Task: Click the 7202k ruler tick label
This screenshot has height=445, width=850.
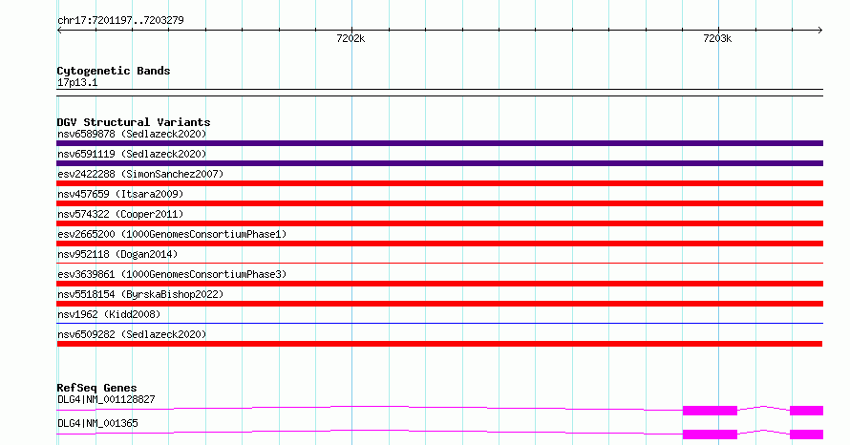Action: pos(351,38)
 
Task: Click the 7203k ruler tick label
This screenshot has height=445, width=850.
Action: pos(717,38)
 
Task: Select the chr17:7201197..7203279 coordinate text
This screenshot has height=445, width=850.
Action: pos(121,21)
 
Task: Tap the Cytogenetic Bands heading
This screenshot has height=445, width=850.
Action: pos(114,71)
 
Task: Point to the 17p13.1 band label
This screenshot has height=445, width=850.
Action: pos(77,82)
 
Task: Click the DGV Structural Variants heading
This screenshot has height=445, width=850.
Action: pos(134,122)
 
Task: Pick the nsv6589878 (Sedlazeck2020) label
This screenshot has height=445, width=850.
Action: pos(132,134)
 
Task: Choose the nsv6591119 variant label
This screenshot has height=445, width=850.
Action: pos(132,154)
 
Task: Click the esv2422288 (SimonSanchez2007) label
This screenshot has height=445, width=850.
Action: pos(140,174)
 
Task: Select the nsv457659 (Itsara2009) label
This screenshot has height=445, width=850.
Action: pos(120,194)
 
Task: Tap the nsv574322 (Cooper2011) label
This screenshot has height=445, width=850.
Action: pos(120,214)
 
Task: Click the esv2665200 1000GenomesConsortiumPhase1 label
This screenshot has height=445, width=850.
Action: pos(172,234)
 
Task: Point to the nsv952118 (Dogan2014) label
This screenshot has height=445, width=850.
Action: pos(117,254)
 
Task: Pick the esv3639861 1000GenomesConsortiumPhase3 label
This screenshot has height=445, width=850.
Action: pos(172,274)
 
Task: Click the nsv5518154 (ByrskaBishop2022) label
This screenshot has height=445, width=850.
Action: pos(140,294)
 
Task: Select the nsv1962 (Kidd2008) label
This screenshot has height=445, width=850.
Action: pos(109,314)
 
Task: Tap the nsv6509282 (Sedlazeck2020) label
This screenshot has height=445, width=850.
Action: pos(132,334)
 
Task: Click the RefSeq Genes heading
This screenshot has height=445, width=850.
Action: pos(97,388)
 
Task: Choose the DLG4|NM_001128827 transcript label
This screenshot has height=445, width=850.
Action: pos(106,399)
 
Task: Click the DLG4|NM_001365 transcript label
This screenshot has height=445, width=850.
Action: pos(97,423)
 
